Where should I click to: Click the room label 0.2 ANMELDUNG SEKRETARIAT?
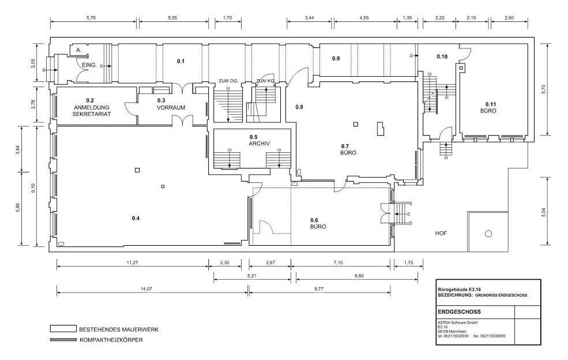click(92, 107)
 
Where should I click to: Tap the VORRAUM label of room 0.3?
click(171, 108)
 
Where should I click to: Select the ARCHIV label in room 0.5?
click(259, 144)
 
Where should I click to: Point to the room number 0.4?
click(136, 218)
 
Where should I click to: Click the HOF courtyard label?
click(441, 234)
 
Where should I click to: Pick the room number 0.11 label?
click(488, 104)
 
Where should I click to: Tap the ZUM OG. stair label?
click(228, 81)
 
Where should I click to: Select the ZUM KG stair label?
click(265, 81)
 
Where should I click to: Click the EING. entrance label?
click(89, 65)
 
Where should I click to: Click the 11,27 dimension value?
click(132, 263)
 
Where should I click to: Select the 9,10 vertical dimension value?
click(33, 188)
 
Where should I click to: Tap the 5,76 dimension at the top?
click(91, 18)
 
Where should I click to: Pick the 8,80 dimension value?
click(359, 276)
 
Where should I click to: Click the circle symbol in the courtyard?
click(488, 234)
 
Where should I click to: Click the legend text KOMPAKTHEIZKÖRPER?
click(111, 340)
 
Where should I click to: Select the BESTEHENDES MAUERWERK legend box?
click(63, 329)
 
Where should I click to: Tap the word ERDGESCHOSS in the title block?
click(460, 312)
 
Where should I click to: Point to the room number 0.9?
click(336, 58)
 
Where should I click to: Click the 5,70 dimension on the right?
click(543, 89)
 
